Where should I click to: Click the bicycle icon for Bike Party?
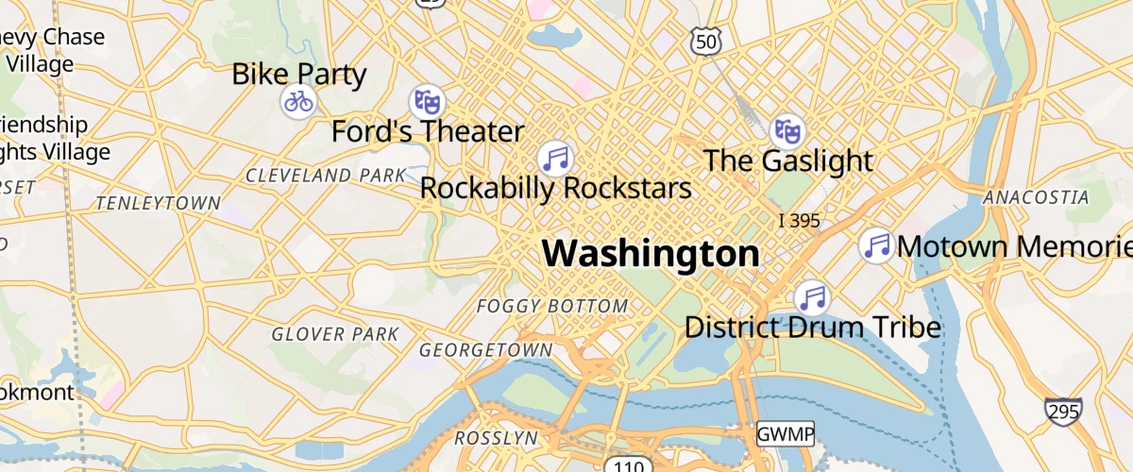click(x=298, y=101)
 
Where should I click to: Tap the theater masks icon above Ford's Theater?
click(x=427, y=101)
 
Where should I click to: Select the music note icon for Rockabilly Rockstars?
click(x=556, y=158)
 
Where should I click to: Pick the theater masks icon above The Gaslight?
click(x=787, y=130)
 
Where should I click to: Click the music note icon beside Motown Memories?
click(x=877, y=246)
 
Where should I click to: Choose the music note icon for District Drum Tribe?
click(x=812, y=298)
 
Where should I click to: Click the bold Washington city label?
click(x=651, y=254)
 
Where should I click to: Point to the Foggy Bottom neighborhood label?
click(x=552, y=306)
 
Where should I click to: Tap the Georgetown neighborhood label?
click(x=485, y=350)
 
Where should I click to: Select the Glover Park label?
click(x=335, y=334)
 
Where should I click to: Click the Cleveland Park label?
click(x=326, y=176)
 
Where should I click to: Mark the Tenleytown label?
click(x=159, y=203)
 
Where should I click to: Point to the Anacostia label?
click(x=1036, y=197)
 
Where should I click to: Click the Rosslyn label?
click(x=496, y=439)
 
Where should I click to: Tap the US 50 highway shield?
click(x=706, y=41)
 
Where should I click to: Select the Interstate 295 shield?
click(x=1063, y=411)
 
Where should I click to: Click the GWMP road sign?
click(x=785, y=435)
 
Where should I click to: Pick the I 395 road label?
click(x=799, y=221)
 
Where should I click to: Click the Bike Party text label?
click(x=299, y=74)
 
